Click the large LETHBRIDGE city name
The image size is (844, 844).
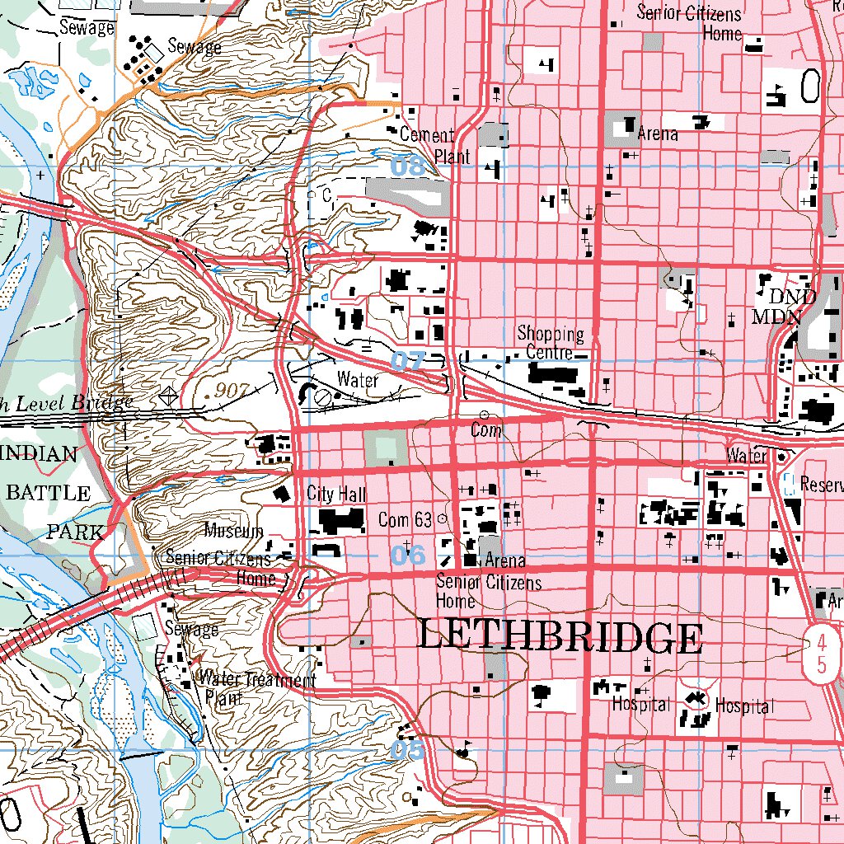pyautogui.click(x=560, y=637)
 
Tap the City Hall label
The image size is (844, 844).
pyautogui.click(x=336, y=495)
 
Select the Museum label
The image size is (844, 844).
pyautogui.click(x=234, y=530)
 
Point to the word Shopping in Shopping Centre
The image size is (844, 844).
pyautogui.click(x=551, y=335)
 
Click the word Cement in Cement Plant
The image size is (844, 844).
pyautogui.click(x=427, y=135)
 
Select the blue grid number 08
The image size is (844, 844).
pyautogui.click(x=407, y=166)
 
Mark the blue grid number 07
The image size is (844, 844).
pyautogui.click(x=407, y=360)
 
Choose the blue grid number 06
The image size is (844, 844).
pyautogui.click(x=408, y=555)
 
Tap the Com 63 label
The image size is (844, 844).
pyautogui.click(x=405, y=520)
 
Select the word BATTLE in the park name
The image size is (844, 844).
pyautogui.click(x=48, y=493)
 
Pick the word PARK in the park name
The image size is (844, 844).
pyautogui.click(x=75, y=532)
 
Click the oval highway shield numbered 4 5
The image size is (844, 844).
pyautogui.click(x=821, y=650)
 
